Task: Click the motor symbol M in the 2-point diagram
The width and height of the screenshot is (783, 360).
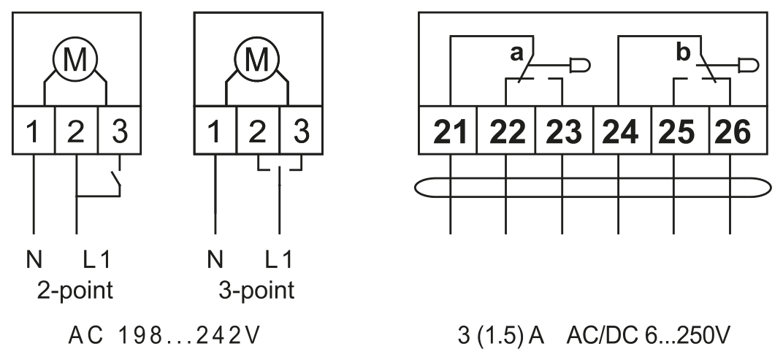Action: tap(75, 59)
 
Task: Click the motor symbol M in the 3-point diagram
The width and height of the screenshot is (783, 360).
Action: tap(256, 59)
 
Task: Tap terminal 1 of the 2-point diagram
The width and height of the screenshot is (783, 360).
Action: tap(34, 130)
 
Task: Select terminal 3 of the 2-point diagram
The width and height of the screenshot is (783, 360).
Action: tap(119, 130)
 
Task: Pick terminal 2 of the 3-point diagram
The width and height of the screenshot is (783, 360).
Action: tap(258, 130)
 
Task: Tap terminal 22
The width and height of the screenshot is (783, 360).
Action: tap(506, 130)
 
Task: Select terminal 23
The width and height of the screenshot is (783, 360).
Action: tap(565, 130)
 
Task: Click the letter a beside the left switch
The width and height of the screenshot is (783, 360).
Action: tap(516, 53)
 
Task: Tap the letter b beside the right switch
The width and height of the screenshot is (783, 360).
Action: tap(684, 52)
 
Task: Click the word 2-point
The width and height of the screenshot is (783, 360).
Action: tap(75, 290)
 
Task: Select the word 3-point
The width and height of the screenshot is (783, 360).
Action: tap(256, 290)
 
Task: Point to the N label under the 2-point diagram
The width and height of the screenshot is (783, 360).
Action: tap(34, 260)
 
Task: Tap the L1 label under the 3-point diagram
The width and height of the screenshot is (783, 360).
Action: tap(278, 260)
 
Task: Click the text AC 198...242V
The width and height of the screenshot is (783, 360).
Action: tap(164, 336)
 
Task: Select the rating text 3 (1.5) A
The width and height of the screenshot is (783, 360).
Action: tap(500, 336)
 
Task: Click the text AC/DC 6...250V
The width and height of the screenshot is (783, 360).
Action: tap(648, 336)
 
